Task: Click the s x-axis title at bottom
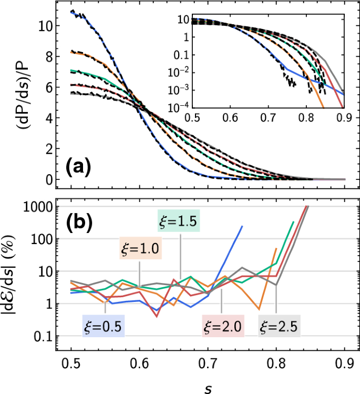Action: pos(209,387)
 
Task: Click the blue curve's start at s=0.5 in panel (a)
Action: pos(72,12)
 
